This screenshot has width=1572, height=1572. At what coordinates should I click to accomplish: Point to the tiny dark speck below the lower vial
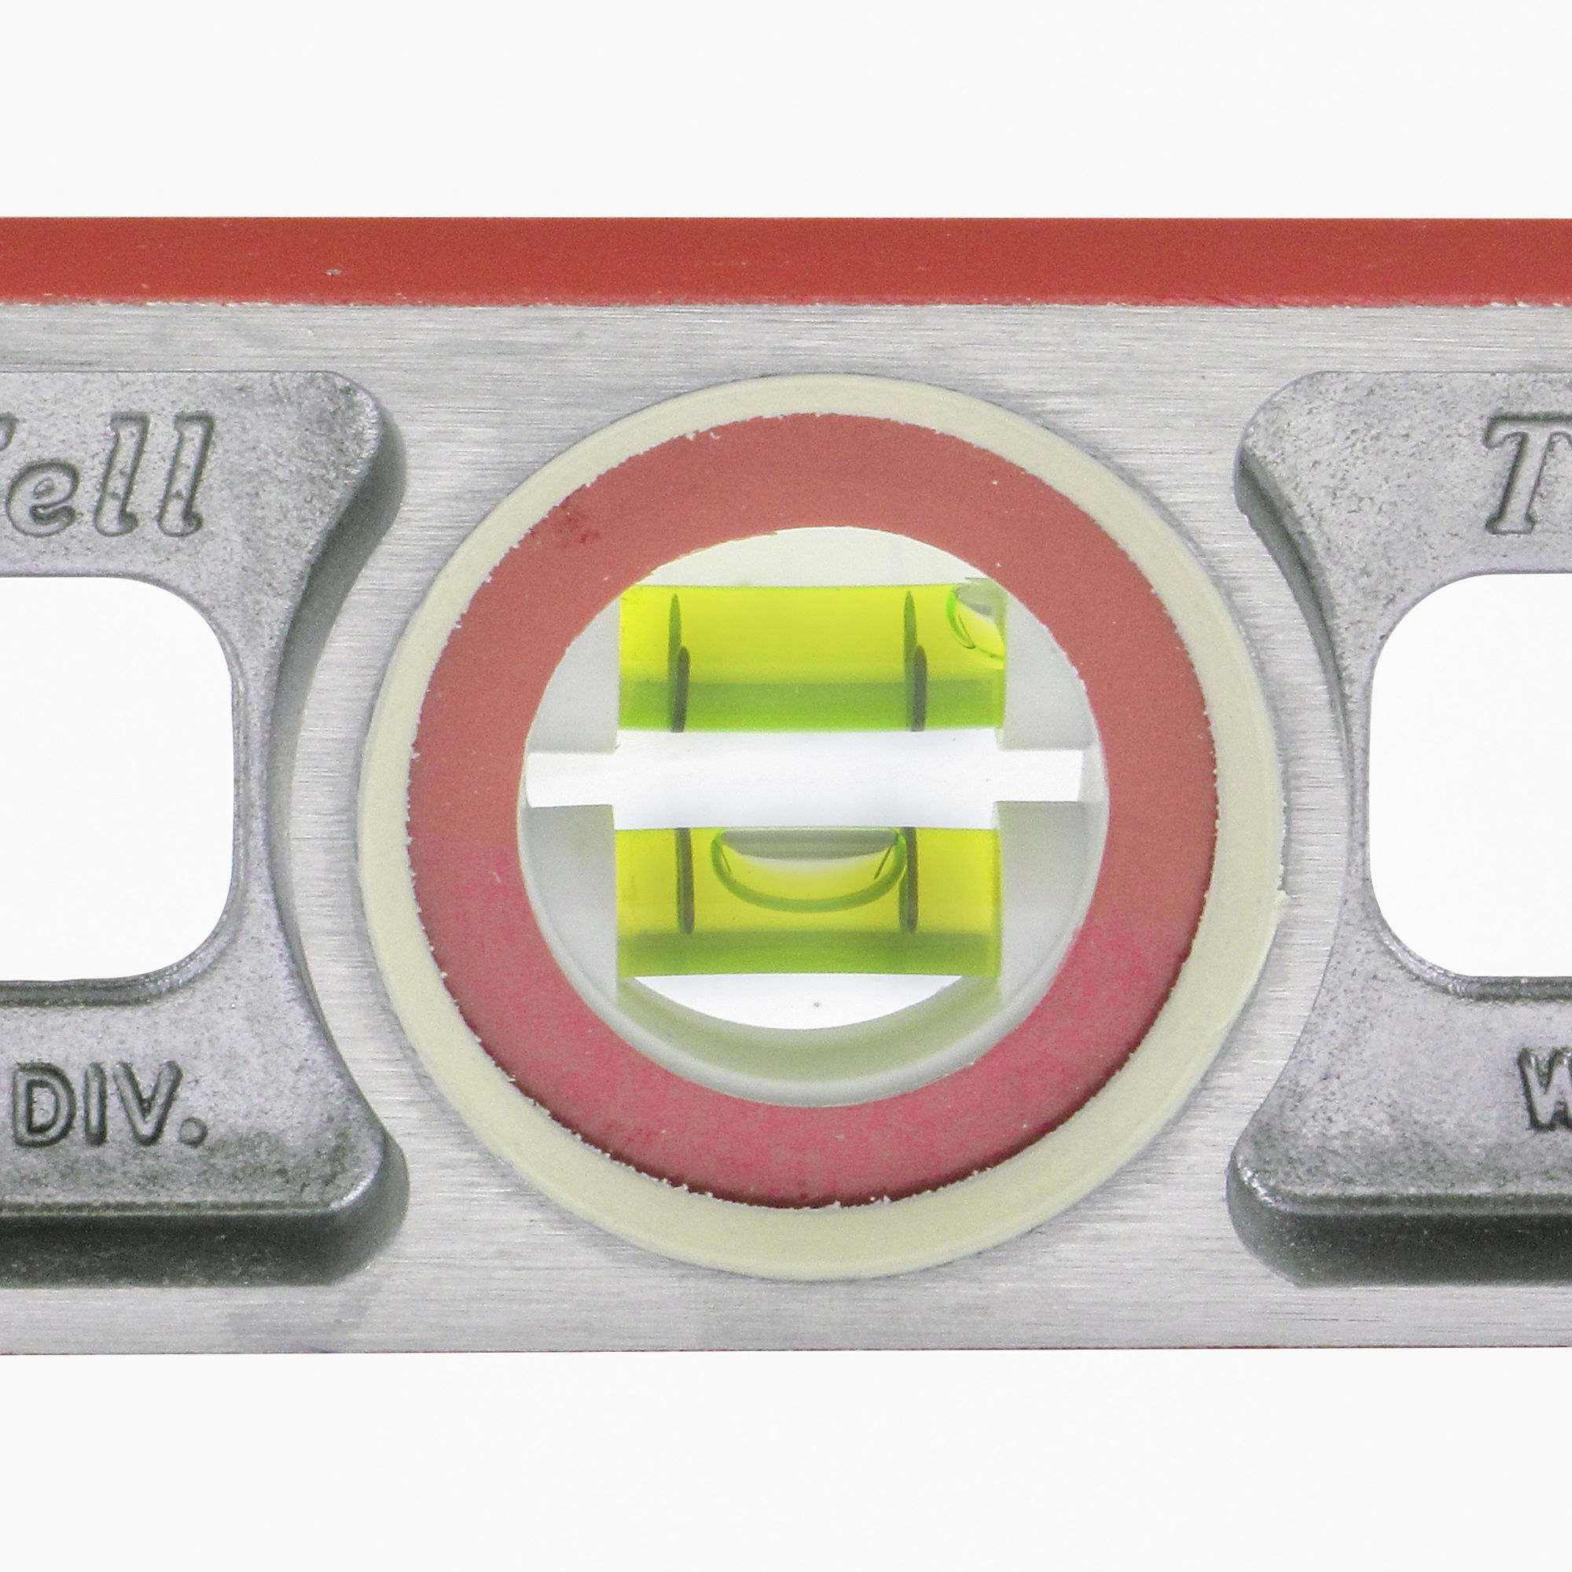click(x=815, y=1007)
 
